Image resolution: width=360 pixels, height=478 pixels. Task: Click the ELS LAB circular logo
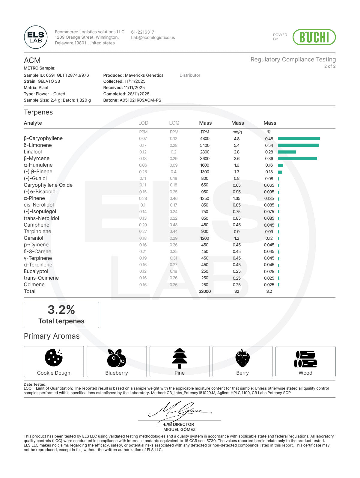pos(36,37)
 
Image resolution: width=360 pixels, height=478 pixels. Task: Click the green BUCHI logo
pos(314,37)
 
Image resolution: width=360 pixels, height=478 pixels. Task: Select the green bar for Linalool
pos(287,152)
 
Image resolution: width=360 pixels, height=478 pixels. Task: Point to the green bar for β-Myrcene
pos(297,159)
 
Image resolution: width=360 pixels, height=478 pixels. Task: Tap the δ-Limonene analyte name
pos(38,145)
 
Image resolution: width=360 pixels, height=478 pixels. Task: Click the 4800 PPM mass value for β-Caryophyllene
pos(205,138)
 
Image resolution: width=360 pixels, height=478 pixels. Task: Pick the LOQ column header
pos(174,123)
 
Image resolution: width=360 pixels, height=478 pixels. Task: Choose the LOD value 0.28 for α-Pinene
pos(143,198)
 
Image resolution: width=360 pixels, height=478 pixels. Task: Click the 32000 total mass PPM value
pos(205,291)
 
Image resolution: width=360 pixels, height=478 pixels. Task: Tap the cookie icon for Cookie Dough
pos(54,358)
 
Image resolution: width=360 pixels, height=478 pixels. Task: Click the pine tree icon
pos(180,358)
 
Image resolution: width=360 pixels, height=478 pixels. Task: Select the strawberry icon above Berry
pos(242,358)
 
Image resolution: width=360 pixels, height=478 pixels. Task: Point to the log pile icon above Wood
pos(305,359)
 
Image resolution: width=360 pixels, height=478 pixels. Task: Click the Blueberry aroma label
pos(117,373)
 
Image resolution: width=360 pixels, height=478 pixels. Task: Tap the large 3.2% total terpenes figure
pos(61,310)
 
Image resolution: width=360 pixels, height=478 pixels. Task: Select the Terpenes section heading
pos(38,112)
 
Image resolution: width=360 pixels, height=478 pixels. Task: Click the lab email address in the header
pos(153,38)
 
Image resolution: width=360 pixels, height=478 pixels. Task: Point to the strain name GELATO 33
pos(49,81)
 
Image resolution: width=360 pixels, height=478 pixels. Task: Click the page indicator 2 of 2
pos(330,66)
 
